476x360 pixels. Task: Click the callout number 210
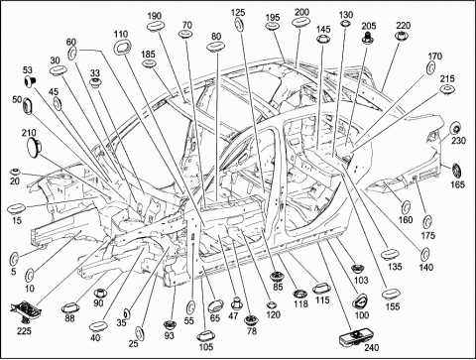(x=29, y=133)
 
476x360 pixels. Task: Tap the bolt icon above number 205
(x=367, y=37)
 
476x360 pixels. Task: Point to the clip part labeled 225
(x=25, y=310)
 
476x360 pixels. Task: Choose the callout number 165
(x=457, y=184)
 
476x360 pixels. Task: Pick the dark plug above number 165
(x=457, y=171)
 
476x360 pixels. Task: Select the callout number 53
(x=28, y=70)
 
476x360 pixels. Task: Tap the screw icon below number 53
(x=31, y=80)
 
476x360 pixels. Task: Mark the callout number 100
(x=362, y=315)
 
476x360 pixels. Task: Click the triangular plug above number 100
(x=360, y=300)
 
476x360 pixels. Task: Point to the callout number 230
(x=458, y=141)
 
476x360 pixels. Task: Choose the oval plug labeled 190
(x=154, y=27)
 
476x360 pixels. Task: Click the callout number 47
(x=233, y=315)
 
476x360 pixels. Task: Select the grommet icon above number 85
(x=276, y=277)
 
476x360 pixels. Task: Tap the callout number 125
(x=238, y=13)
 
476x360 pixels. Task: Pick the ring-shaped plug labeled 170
(x=430, y=68)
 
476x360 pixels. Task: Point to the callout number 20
(x=15, y=181)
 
